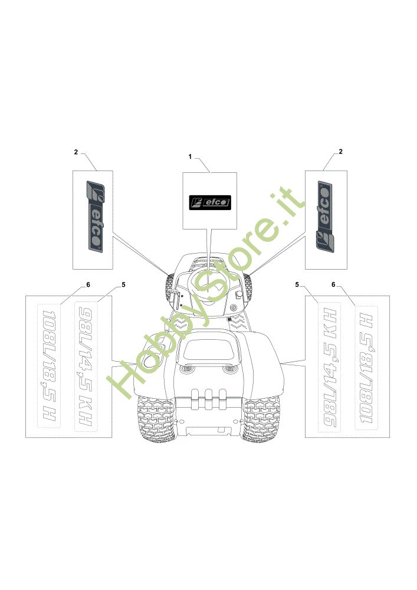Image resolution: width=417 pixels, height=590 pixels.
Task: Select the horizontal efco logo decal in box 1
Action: pyautogui.click(x=209, y=202)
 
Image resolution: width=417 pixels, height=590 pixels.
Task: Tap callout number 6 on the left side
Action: pyautogui.click(x=88, y=284)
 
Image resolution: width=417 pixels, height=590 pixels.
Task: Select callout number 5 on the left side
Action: pyautogui.click(x=123, y=284)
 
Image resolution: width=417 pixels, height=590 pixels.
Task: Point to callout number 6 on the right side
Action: pyautogui.click(x=333, y=284)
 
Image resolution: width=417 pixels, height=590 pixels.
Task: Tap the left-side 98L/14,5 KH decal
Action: pyautogui.click(x=84, y=366)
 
